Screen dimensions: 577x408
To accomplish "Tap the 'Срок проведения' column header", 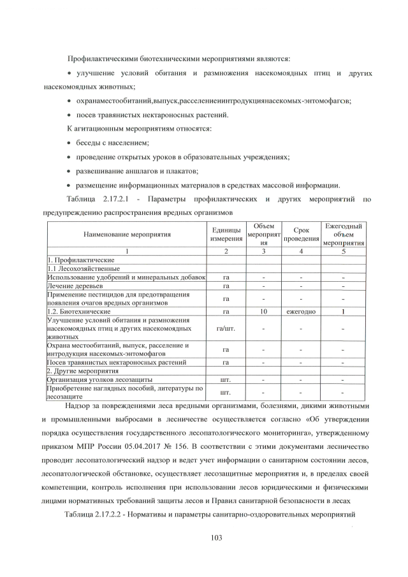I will tap(301, 234).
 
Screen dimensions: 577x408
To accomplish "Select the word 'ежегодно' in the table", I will tap(301, 312).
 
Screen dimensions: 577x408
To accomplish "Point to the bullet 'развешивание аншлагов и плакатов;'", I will tap(138, 171).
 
